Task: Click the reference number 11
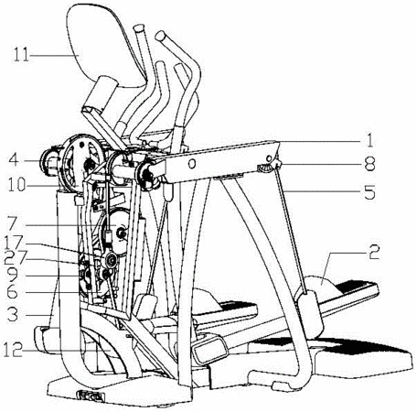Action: pyautogui.click(x=21, y=56)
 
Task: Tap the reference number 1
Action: pyautogui.click(x=369, y=141)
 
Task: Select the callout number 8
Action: pyautogui.click(x=369, y=164)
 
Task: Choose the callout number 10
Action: pyautogui.click(x=16, y=184)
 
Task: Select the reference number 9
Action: pyautogui.click(x=13, y=276)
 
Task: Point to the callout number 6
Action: pyautogui.click(x=12, y=292)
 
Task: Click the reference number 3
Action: pyautogui.click(x=13, y=314)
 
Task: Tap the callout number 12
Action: pyautogui.click(x=13, y=350)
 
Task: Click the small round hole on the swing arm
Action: pyautogui.click(x=192, y=164)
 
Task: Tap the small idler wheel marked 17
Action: pyautogui.click(x=110, y=260)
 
